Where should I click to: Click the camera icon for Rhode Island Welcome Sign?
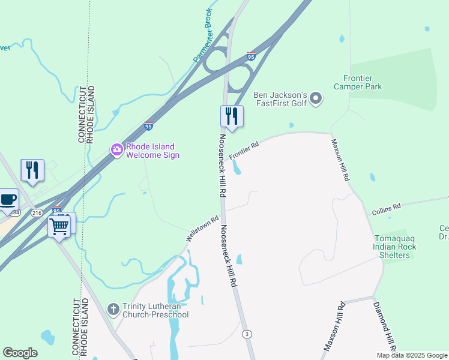tap(116, 149)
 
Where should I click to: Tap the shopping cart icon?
tap(59, 227)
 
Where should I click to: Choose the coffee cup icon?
tap(8, 200)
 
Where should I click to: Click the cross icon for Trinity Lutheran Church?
tap(113, 309)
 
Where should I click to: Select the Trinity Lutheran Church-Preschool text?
tap(155, 310)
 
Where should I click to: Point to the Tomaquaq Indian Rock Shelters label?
tap(391, 247)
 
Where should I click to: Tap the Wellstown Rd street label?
tap(202, 229)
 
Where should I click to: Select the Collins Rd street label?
tap(386, 209)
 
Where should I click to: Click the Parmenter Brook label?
tap(203, 35)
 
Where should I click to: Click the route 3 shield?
tap(246, 334)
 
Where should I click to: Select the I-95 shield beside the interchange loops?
tap(251, 56)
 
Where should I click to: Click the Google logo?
tap(20, 353)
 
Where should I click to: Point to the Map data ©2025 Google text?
tap(412, 355)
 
